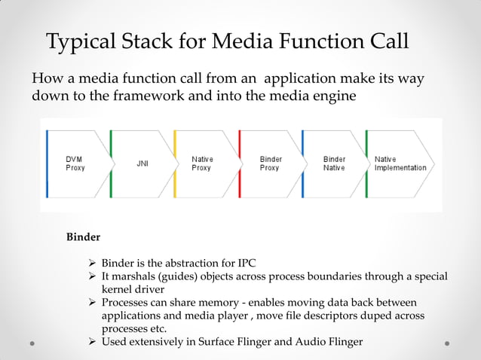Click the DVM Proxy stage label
pos(75,163)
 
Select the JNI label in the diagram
pos(142,163)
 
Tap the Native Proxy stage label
pos(202,163)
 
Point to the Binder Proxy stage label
pos(270,163)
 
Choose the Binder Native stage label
pos(334,163)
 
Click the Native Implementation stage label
pos(400,163)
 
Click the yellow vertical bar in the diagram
pos(175,163)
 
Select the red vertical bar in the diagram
pos(239,163)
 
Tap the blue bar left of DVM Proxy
pos(47,163)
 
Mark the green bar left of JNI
pos(111,163)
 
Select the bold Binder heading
pos(83,237)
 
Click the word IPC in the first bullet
pos(246,263)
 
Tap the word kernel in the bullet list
pos(118,290)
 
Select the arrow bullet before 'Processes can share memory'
pos(92,303)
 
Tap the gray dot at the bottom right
pos(447,343)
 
